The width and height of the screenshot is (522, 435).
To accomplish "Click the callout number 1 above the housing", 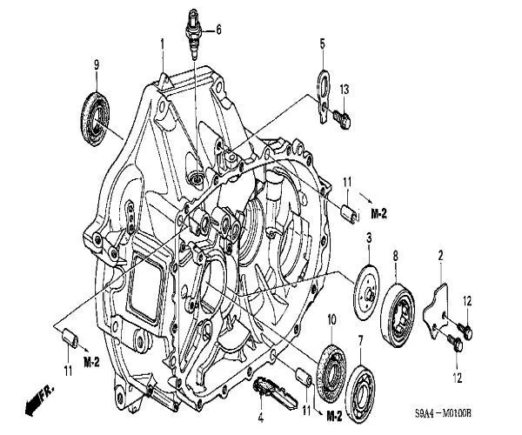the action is tap(163, 43).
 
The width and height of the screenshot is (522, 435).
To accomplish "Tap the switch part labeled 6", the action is tap(194, 34).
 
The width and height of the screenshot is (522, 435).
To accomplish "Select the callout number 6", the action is tap(218, 30).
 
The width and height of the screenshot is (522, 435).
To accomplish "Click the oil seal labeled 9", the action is tap(95, 119).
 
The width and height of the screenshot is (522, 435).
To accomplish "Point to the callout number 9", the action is tap(97, 64).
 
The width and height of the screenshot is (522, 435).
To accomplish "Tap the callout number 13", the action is tap(345, 90).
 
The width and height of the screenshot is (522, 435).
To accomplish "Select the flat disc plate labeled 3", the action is tap(366, 292).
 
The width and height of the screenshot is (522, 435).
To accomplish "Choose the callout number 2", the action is tap(440, 256).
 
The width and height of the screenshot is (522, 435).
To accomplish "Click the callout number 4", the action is tap(261, 418).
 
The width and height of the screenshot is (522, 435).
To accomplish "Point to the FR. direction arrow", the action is tap(39, 400).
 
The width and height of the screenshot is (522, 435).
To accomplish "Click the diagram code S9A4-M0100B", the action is tap(443, 414).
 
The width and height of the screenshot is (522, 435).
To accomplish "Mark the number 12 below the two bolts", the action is tap(458, 378).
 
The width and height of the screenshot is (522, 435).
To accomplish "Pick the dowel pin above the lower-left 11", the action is tap(70, 338).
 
